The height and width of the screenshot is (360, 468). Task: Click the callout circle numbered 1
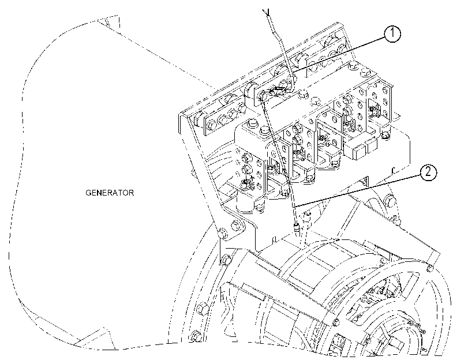pyautogui.click(x=392, y=33)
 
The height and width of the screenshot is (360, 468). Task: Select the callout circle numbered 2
pyautogui.click(x=428, y=172)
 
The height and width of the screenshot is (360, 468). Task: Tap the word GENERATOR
pyautogui.click(x=110, y=193)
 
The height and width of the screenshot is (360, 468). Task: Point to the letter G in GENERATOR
pyautogui.click(x=89, y=193)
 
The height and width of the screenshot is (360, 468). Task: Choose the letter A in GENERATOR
pyautogui.click(x=115, y=193)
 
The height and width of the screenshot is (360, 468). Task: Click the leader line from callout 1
pyautogui.click(x=338, y=55)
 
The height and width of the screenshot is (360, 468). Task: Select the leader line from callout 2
pyautogui.click(x=357, y=191)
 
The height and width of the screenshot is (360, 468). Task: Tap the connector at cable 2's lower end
pyautogui.click(x=297, y=228)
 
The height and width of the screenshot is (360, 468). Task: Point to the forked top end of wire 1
pyautogui.click(x=267, y=12)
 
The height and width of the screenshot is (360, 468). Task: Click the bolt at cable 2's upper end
pyautogui.click(x=262, y=96)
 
